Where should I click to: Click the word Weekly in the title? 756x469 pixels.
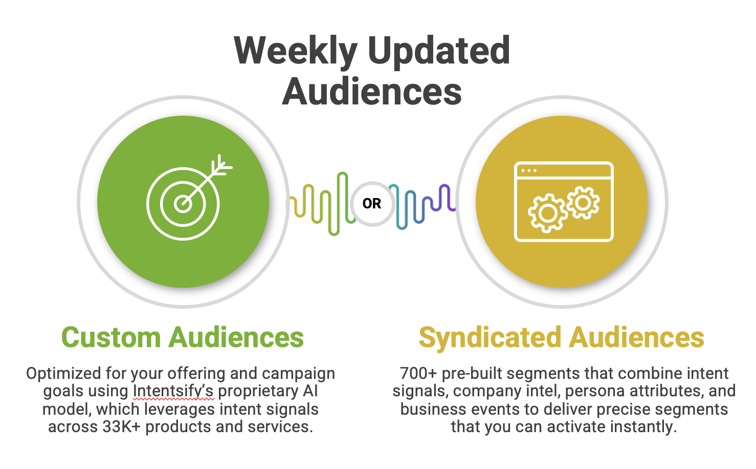(x=296, y=51)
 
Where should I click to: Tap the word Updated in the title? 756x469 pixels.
(x=439, y=51)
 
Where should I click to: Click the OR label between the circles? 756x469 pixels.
(x=371, y=203)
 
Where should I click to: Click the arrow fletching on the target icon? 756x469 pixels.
(x=221, y=165)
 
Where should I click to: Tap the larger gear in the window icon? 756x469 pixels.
(x=547, y=213)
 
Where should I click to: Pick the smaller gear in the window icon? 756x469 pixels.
(x=583, y=203)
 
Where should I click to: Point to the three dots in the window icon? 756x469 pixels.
(x=529, y=170)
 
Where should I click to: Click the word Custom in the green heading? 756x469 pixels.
(x=111, y=337)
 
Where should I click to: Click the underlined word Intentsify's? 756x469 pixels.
(x=173, y=391)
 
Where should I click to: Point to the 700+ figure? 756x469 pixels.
(x=418, y=373)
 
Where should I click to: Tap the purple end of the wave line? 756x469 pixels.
(x=453, y=208)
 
